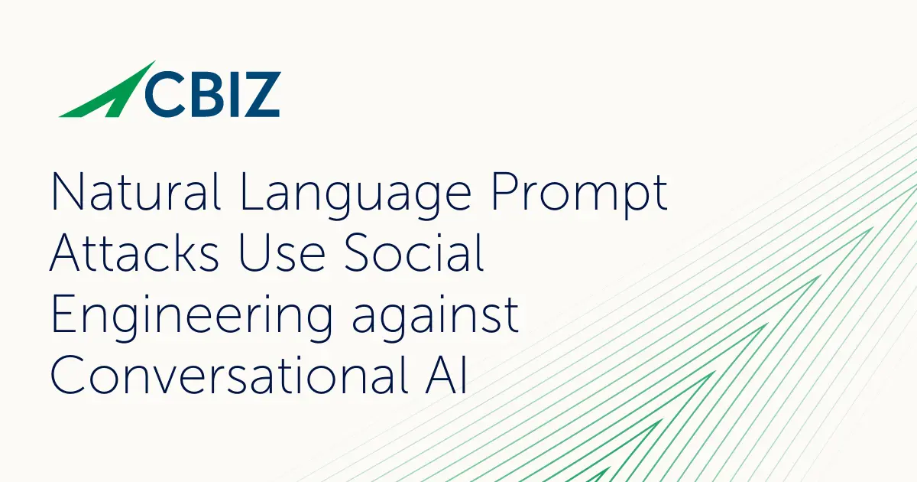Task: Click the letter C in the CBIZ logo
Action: point(163,94)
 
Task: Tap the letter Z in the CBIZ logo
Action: point(260,94)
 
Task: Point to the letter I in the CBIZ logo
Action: point(230,94)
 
